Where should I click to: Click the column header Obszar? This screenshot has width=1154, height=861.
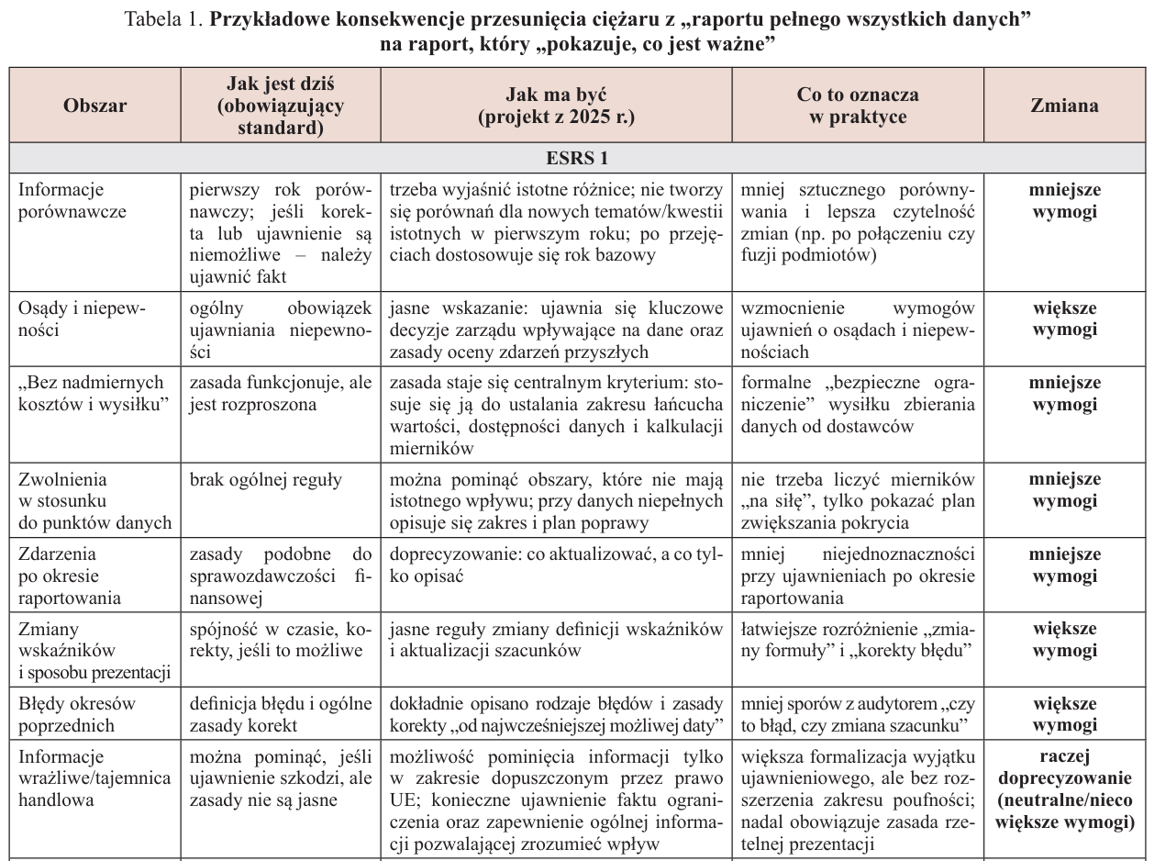pyautogui.click(x=95, y=106)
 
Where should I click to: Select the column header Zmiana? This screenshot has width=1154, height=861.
pyautogui.click(x=1064, y=106)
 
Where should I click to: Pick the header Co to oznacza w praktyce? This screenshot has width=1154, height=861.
pyautogui.click(x=858, y=106)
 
